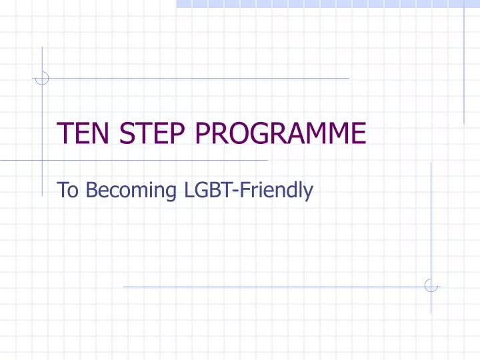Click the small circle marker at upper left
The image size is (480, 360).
coord(42,78)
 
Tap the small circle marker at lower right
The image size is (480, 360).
coord(431,286)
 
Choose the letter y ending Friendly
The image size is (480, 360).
coord(309,194)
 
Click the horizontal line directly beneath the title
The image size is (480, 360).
coord(153,161)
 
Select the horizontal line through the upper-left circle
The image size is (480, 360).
coord(200,78)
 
